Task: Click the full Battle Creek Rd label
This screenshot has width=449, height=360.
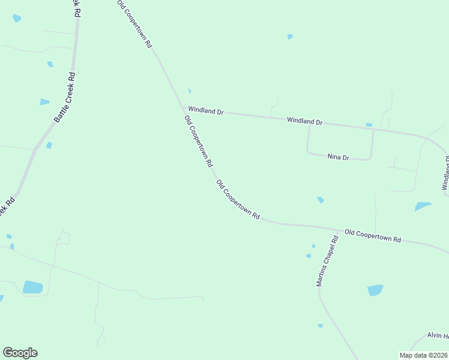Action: tap(64, 98)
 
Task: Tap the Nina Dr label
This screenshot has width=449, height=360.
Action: tap(338, 157)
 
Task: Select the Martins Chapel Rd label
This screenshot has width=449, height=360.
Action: tap(328, 260)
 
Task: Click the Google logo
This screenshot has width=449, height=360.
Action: tap(20, 353)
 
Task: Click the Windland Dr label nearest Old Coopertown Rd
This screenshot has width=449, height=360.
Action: tap(205, 110)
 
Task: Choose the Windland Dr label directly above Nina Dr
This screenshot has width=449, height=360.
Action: tap(304, 121)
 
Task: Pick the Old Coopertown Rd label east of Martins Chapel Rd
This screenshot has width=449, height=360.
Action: tap(372, 235)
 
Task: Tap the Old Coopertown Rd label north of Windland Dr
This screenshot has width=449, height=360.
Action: tap(134, 24)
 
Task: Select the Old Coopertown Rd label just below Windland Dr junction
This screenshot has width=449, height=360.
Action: tap(198, 142)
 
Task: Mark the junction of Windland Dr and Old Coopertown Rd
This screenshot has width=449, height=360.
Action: tap(184, 109)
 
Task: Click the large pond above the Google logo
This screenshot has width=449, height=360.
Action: tap(32, 287)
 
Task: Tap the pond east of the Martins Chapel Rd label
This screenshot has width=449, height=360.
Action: tap(375, 290)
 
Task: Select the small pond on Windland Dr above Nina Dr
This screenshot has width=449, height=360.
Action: tap(369, 125)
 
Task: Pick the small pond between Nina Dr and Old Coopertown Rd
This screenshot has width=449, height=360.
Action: tap(320, 199)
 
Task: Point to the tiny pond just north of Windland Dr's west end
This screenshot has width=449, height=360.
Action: tap(189, 91)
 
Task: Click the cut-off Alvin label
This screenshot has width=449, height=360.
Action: tap(438, 335)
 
